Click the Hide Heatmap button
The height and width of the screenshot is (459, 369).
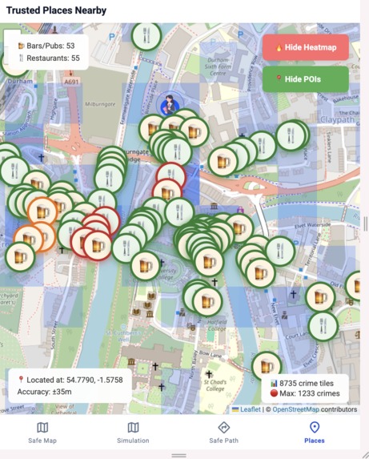click(x=305, y=47)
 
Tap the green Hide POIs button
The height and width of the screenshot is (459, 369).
click(x=305, y=79)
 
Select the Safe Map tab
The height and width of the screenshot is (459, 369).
click(x=42, y=433)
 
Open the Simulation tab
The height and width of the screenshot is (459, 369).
click(x=133, y=433)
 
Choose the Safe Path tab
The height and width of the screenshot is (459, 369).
click(x=223, y=433)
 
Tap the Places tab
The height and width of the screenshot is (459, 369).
click(x=315, y=433)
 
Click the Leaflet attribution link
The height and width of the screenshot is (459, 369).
click(x=250, y=409)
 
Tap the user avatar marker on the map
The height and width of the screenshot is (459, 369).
click(x=169, y=104)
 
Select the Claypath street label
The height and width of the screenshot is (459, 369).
click(x=336, y=119)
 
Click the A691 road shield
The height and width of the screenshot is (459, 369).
click(x=71, y=81)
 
